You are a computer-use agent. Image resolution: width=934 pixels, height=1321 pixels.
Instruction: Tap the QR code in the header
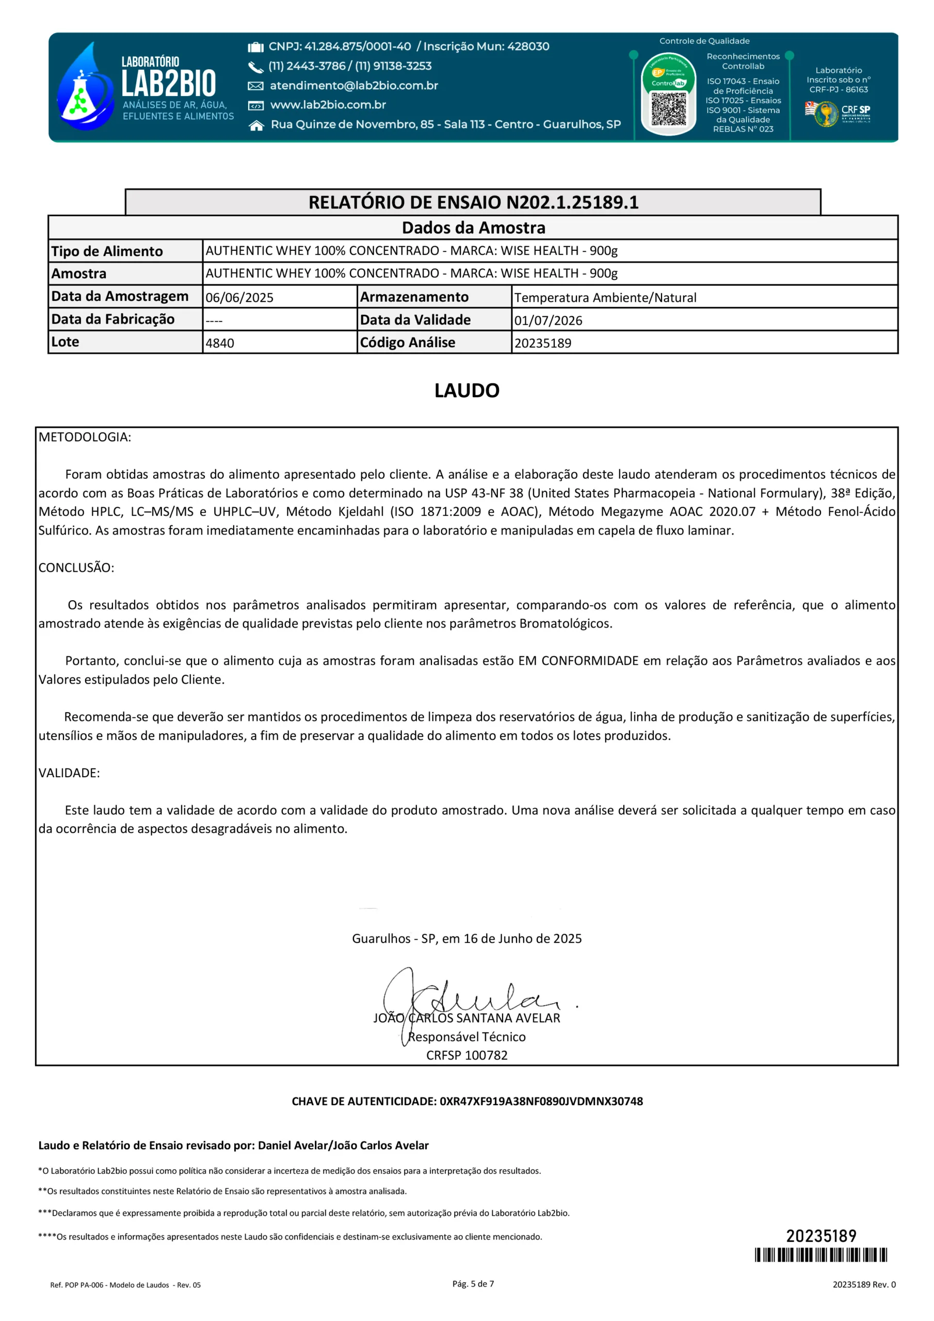pos(668,109)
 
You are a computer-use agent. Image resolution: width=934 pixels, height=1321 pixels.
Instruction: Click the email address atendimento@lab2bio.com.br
pos(353,86)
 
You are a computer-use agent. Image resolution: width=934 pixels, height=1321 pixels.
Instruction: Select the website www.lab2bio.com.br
pos(328,105)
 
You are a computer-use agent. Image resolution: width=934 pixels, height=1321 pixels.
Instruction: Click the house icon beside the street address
pos(256,125)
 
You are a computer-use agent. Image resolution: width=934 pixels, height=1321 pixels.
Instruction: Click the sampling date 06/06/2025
pos(239,297)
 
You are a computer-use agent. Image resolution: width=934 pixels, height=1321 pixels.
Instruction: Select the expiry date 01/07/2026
pos(548,320)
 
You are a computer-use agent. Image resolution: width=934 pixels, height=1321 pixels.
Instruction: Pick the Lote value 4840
pos(220,343)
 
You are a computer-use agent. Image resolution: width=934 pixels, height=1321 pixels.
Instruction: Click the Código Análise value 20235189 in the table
pos(542,343)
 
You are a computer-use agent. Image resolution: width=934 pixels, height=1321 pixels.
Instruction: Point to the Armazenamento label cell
pos(414,297)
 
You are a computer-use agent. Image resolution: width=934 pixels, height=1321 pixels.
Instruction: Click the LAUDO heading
pos(466,391)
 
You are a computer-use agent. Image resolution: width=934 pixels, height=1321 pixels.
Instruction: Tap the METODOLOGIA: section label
pos(85,437)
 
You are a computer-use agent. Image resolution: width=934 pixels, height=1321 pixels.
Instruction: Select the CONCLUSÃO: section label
pos(76,567)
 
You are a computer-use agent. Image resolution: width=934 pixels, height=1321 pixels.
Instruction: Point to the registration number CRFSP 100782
pos(466,1055)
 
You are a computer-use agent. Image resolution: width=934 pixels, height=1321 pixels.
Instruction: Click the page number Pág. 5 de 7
pos(473,1284)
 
